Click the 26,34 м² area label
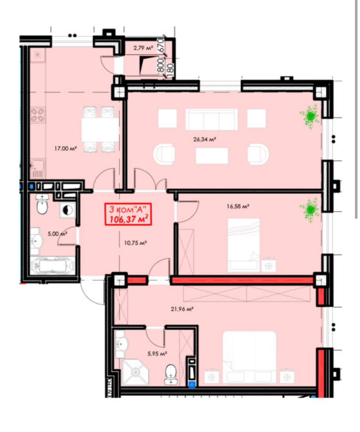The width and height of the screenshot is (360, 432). pos(205,139)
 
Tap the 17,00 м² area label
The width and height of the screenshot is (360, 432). pos(66,148)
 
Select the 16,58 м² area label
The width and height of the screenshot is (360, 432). pos(238,206)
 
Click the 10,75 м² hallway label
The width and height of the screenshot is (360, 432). pos(135,243)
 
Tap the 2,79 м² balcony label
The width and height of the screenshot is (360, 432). pos(143,48)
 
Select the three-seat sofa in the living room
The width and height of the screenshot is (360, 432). pos(211,119)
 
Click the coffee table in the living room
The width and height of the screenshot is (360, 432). pos(212,156)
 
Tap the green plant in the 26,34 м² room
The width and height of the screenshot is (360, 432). pos(310,116)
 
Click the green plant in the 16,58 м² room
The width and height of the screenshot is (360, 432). pos(310,210)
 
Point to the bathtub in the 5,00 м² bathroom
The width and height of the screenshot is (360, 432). pos(52,266)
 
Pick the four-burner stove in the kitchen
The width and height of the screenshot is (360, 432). pos(38,115)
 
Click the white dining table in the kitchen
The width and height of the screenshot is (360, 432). pos(100,130)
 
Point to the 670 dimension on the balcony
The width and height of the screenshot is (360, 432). pos(161,45)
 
